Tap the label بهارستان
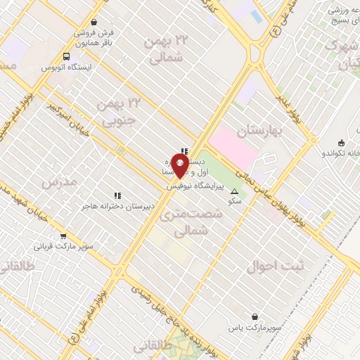pos(259,131)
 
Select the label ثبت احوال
pos(278,266)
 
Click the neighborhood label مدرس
pos(58,183)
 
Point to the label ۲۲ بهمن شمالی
pos(164,50)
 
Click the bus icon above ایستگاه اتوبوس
pos(66,57)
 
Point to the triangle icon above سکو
pos(235,191)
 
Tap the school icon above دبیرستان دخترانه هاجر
pos(117,195)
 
